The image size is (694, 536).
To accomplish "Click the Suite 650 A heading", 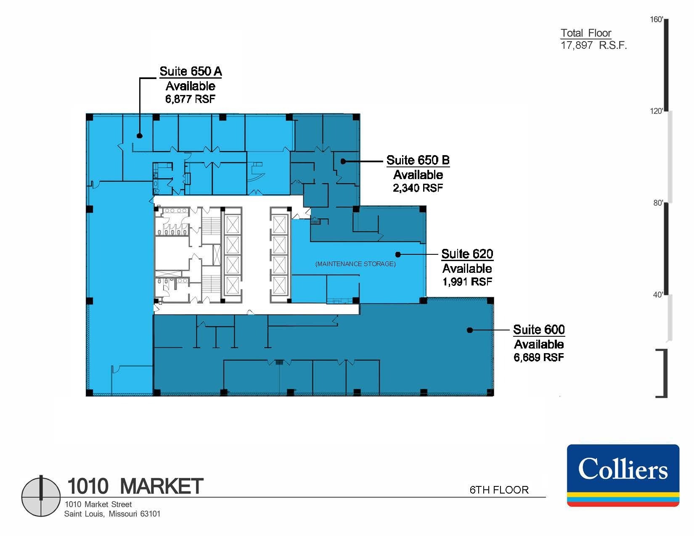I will pyautogui.click(x=191, y=71).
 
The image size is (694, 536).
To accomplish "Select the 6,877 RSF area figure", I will pyautogui.click(x=191, y=99).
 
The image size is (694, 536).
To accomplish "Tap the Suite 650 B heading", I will pyautogui.click(x=418, y=160).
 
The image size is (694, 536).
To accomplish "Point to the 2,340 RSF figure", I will pyautogui.click(x=418, y=188).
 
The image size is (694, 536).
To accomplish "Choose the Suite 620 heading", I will pyautogui.click(x=467, y=254).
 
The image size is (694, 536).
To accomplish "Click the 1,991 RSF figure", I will pyautogui.click(x=467, y=282).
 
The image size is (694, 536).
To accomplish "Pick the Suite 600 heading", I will pyautogui.click(x=539, y=330).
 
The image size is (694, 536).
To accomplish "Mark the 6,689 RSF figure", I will pyautogui.click(x=539, y=357).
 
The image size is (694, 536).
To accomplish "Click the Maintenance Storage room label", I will pyautogui.click(x=355, y=264).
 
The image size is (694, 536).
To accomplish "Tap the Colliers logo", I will pyautogui.click(x=623, y=475).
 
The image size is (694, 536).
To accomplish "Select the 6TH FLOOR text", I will pyautogui.click(x=499, y=490).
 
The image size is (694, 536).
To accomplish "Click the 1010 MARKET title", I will pyautogui.click(x=135, y=486).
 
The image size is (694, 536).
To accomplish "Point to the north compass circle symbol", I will pyautogui.click(x=41, y=496).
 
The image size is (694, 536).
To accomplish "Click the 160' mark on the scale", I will pyautogui.click(x=657, y=20).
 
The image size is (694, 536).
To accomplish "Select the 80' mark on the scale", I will pyautogui.click(x=658, y=203).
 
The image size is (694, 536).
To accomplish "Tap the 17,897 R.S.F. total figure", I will pyautogui.click(x=593, y=45).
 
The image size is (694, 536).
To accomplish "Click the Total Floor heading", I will pyautogui.click(x=586, y=33).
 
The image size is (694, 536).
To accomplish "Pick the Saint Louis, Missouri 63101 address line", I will pyautogui.click(x=112, y=514).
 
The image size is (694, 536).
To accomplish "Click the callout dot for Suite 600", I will pyautogui.click(x=470, y=330).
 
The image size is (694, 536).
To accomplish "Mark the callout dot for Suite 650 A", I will pyautogui.click(x=139, y=135).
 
